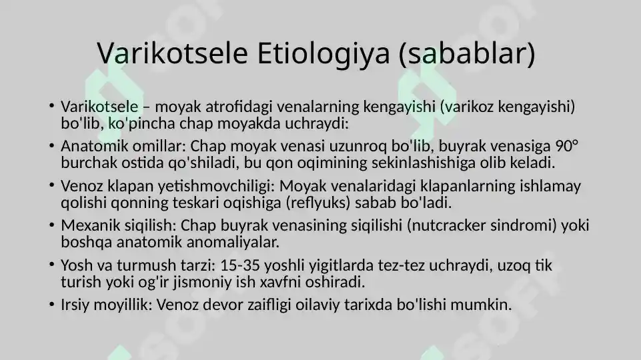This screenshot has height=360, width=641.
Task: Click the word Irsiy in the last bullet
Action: point(75,305)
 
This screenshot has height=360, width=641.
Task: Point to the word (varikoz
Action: point(469,106)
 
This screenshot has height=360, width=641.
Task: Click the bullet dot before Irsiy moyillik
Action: point(51,305)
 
